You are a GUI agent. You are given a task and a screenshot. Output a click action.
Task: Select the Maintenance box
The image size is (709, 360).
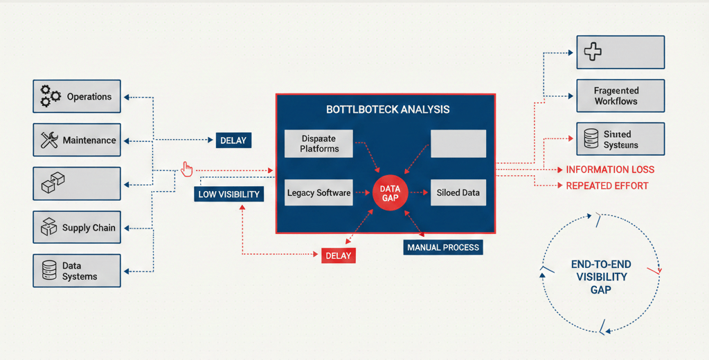click(x=76, y=141)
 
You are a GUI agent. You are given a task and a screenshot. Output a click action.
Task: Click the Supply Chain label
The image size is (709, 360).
click(x=89, y=228)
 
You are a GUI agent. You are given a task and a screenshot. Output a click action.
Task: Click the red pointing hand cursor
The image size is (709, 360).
click(x=186, y=168)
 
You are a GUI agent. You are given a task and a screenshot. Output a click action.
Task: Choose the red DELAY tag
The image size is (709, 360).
click(x=338, y=255)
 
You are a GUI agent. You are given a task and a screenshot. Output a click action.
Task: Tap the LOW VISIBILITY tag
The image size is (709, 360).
click(x=228, y=195)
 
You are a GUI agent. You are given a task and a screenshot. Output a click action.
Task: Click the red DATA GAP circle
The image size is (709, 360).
click(x=390, y=193)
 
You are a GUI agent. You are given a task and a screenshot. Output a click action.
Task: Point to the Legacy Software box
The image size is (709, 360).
click(x=318, y=192)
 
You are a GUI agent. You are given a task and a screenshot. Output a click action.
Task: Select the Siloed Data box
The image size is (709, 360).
click(x=458, y=192)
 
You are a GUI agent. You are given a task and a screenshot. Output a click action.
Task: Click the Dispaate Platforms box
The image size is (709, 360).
click(x=319, y=143)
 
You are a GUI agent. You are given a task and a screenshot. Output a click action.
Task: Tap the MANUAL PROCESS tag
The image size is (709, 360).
click(x=442, y=247)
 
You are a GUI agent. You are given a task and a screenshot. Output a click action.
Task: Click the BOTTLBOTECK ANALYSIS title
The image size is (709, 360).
click(x=387, y=109)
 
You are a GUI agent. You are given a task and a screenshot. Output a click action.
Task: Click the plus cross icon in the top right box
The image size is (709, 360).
click(x=592, y=51)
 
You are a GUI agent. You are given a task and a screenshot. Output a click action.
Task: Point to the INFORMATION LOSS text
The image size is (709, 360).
click(x=610, y=170)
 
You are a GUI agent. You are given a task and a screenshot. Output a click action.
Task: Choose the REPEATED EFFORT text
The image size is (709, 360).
click(x=607, y=186)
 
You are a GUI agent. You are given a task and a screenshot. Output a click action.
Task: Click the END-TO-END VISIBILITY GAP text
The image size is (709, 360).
click(x=600, y=277)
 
